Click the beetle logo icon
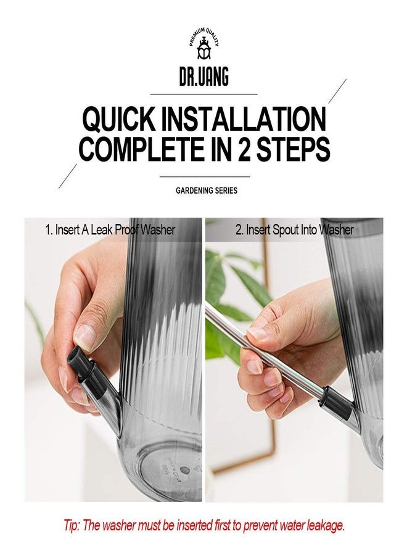[x=204, y=49]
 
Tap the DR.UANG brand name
[x=204, y=76]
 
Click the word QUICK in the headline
[x=119, y=119]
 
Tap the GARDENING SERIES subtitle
[x=207, y=191]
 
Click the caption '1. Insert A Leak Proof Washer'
[x=110, y=230]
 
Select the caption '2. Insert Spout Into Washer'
[x=294, y=230]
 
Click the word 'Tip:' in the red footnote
[x=72, y=525]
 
